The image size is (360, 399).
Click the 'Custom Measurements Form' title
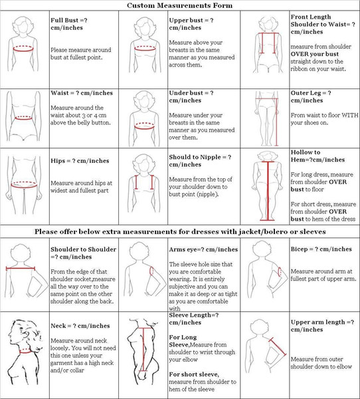179,5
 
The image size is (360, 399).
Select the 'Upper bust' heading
191,24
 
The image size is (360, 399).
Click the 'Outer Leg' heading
311,96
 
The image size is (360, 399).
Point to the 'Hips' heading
80,161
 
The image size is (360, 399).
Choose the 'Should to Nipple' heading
200,161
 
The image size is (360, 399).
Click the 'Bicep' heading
321,249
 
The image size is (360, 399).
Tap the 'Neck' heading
80,326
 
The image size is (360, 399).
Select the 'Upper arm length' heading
322,326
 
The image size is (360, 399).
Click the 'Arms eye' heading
203,249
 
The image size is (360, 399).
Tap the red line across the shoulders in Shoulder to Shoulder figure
21,268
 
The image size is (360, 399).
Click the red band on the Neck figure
25,351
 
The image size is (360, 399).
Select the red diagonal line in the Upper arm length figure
278,346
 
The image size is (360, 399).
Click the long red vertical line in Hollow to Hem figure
268,190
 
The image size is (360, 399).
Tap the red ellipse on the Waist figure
23,118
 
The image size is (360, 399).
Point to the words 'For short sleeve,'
194,374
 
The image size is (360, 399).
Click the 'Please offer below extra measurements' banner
180,231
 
